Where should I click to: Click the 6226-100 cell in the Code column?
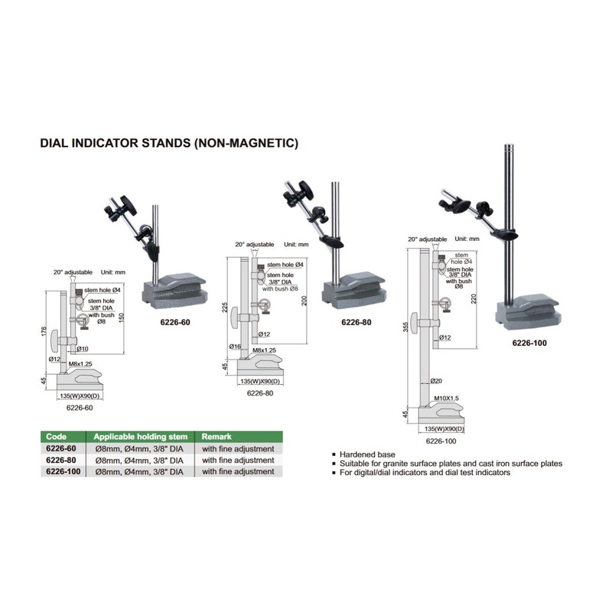63,472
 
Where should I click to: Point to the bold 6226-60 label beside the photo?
174,322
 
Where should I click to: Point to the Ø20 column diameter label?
437,381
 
